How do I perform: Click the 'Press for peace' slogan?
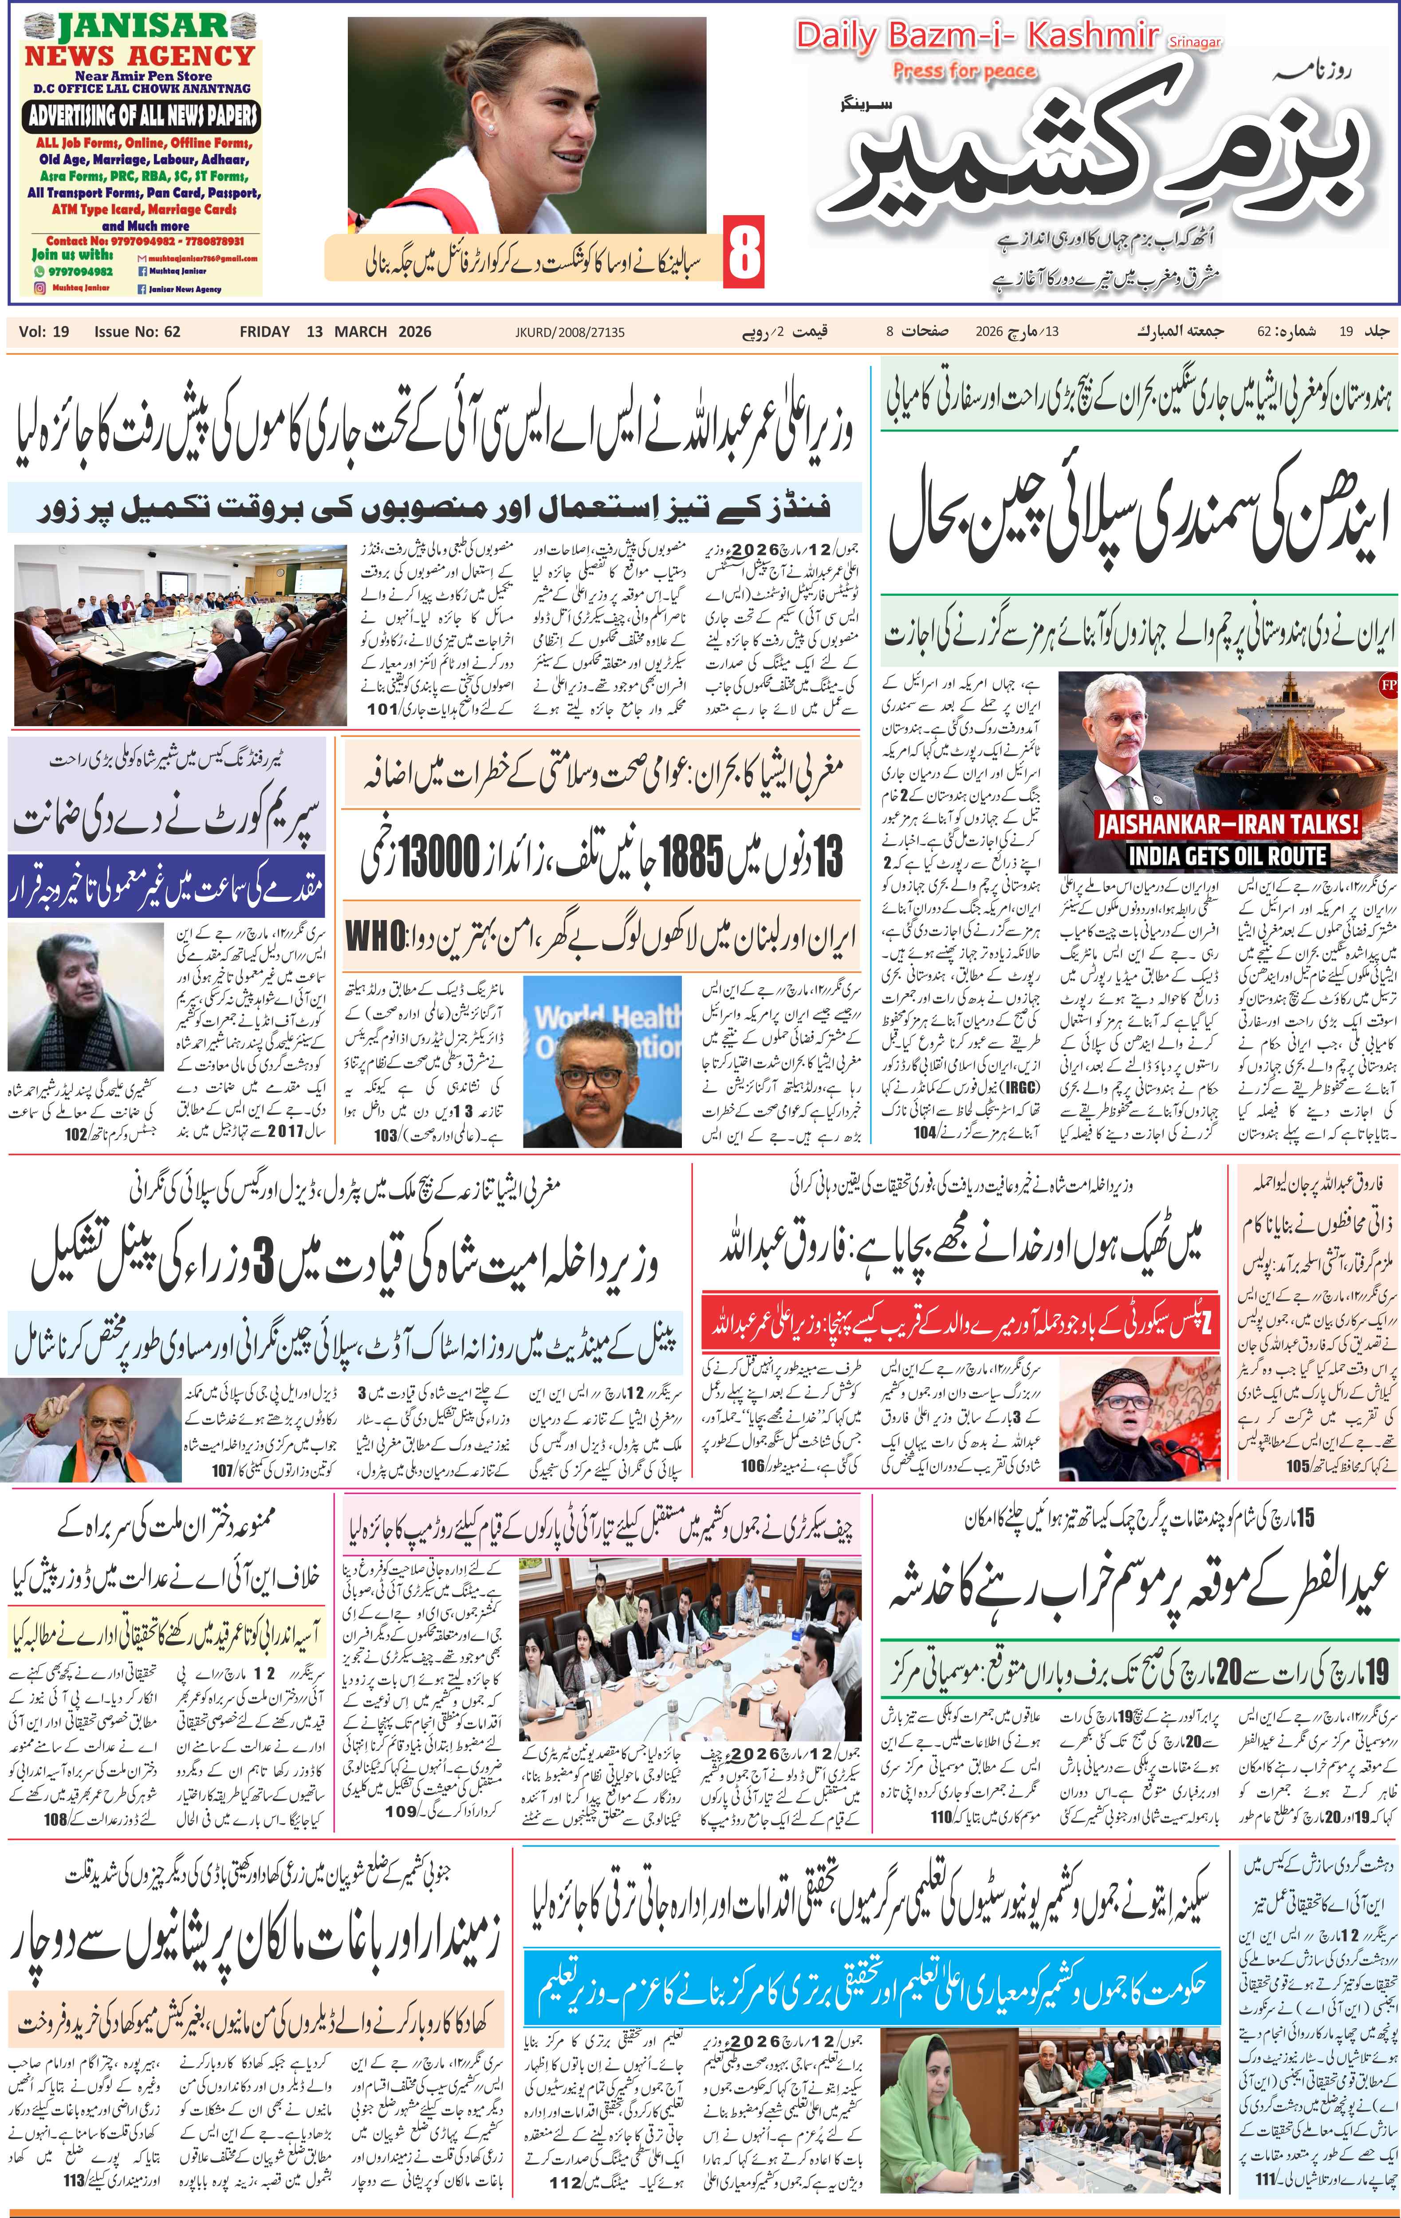coord(964,72)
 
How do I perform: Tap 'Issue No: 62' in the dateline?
coord(137,332)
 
